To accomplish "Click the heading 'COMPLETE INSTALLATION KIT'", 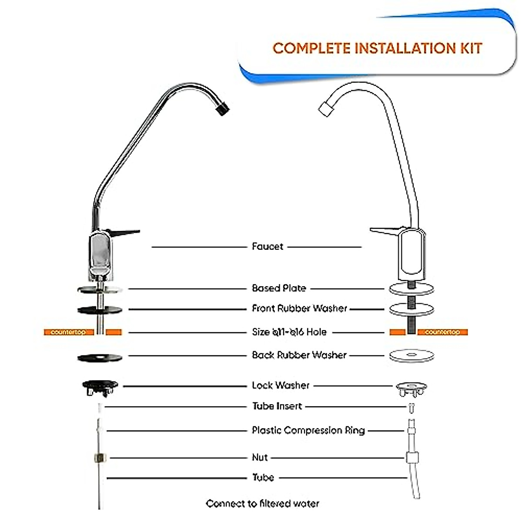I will (x=377, y=48).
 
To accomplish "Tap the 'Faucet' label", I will (x=268, y=247).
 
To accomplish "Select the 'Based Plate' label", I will (x=279, y=288).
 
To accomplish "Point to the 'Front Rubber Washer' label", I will (x=299, y=308).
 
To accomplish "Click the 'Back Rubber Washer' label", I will (x=299, y=355).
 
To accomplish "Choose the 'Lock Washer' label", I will (x=281, y=385).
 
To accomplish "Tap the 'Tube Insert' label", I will (x=277, y=406).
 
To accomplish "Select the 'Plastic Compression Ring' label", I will (x=308, y=431).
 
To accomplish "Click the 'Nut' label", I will (x=260, y=457).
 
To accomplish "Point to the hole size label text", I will (x=289, y=332).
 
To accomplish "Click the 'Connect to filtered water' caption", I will (x=262, y=504).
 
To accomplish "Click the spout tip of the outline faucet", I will (x=325, y=108).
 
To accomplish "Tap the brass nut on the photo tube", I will (x=100, y=458).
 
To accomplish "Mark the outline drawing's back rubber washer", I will (x=412, y=355).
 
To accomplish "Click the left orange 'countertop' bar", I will (x=68, y=332).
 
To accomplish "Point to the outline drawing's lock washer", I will (x=411, y=388).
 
